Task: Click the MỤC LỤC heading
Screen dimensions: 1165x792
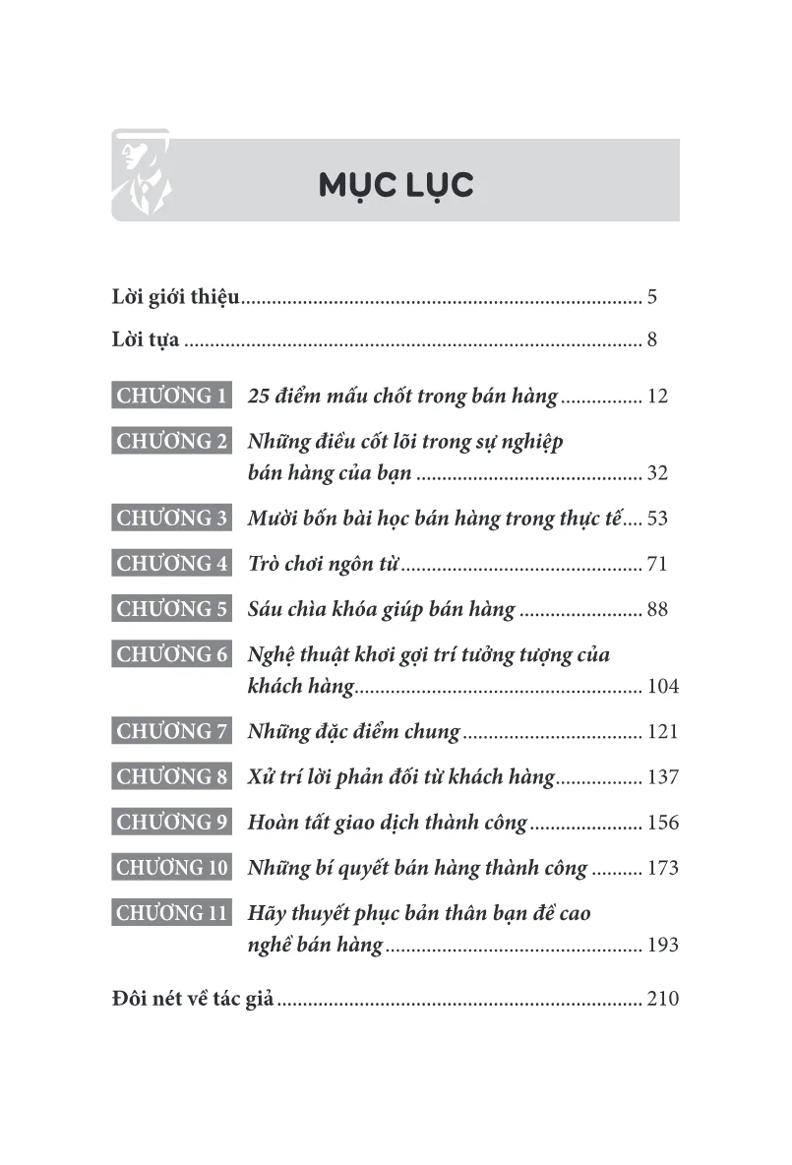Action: (x=396, y=184)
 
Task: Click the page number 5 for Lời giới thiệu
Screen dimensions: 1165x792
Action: (x=652, y=296)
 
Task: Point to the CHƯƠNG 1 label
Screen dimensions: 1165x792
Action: (x=171, y=397)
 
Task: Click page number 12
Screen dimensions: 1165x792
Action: (x=658, y=398)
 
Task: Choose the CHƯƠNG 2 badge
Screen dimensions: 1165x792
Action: (x=171, y=442)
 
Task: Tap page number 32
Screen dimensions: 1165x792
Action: (x=658, y=473)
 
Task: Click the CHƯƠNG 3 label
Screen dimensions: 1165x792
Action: (x=171, y=519)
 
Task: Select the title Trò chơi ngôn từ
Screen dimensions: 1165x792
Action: (x=325, y=564)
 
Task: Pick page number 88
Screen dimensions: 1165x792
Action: (x=658, y=609)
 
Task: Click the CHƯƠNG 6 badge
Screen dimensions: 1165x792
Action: (x=171, y=654)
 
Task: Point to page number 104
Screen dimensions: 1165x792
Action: (x=663, y=686)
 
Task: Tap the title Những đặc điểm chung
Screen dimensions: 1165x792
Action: (x=354, y=731)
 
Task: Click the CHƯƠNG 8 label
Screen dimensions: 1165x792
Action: (x=171, y=777)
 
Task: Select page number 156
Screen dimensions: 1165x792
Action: (x=663, y=823)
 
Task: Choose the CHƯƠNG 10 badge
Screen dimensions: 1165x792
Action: (x=171, y=868)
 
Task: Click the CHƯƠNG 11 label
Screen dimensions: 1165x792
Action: (x=171, y=913)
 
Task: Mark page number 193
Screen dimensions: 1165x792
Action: (x=663, y=946)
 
